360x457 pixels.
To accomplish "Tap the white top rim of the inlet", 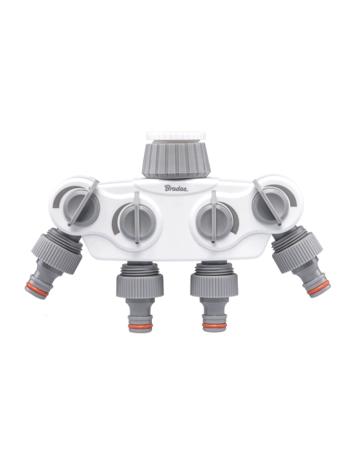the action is [x=176, y=136].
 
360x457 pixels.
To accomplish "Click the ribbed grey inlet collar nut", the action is [x=176, y=158].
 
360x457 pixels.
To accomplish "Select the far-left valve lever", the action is [x=82, y=202].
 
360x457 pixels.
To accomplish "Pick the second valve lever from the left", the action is [x=137, y=217].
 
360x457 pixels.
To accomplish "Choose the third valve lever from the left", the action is [x=214, y=217].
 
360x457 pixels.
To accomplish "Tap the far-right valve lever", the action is [x=267, y=202].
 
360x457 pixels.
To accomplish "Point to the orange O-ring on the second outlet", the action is [x=140, y=325].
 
